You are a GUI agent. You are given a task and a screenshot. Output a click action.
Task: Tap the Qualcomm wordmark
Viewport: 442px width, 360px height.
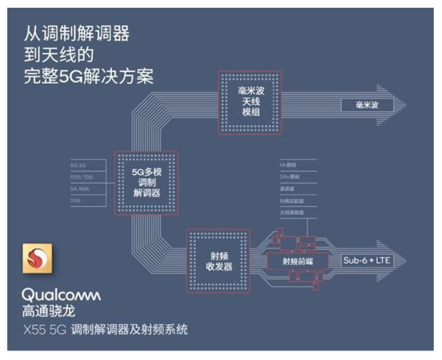pos(61,296)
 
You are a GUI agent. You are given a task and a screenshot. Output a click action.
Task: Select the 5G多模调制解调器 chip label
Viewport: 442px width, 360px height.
pos(145,183)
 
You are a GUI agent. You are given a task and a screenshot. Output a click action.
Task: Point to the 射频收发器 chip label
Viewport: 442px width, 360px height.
pos(217,261)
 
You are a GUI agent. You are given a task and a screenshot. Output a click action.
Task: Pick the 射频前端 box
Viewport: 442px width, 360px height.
pos(297,261)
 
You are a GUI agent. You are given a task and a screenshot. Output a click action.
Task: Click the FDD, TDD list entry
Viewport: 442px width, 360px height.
pos(81,177)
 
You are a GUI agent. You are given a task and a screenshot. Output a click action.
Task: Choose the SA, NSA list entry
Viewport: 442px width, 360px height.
pos(81,189)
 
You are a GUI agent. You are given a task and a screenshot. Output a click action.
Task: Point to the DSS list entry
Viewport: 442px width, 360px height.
pos(75,201)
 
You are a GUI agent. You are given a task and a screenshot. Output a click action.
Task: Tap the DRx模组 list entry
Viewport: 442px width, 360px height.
pos(289,177)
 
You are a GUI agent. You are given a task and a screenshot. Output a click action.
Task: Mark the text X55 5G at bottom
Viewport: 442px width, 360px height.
pos(44,330)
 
